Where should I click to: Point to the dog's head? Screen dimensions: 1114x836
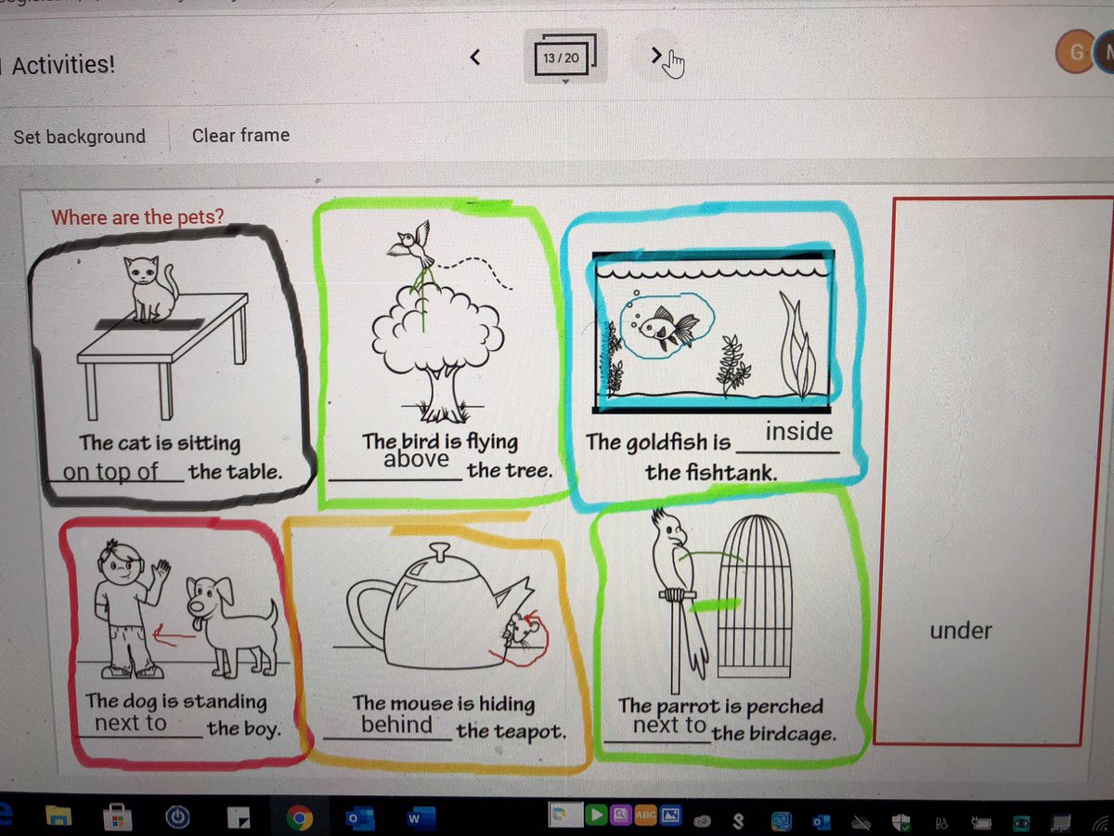[x=209, y=602]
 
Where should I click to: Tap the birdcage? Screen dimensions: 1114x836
[x=755, y=596]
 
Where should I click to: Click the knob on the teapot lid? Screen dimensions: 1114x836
[x=439, y=551]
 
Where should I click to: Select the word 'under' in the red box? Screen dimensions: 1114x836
[x=961, y=631]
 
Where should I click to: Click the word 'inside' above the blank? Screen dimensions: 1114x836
[x=799, y=431]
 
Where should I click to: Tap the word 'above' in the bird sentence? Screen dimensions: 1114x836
[x=416, y=459]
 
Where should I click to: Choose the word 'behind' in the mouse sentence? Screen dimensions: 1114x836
[x=396, y=725]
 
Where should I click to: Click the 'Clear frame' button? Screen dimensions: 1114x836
[x=240, y=136]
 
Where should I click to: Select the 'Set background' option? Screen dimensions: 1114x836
[x=79, y=137]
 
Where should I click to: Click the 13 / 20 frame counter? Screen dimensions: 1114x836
[x=561, y=59]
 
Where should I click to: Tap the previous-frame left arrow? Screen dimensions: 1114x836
[x=475, y=57]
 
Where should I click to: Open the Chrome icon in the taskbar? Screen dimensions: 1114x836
[x=299, y=817]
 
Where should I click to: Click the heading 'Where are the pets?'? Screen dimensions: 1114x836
[x=137, y=217]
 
